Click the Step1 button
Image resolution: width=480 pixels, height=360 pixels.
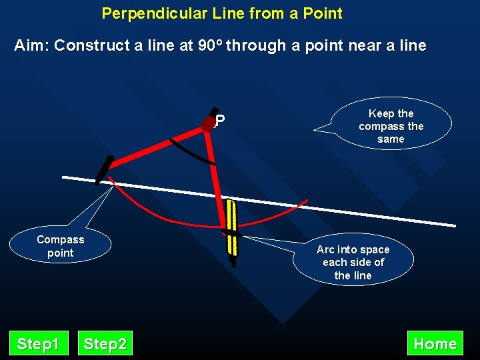click(38, 344)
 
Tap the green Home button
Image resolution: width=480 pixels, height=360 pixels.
click(435, 344)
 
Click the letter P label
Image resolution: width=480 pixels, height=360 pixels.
click(220, 121)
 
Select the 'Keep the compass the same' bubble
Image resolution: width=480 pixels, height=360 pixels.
click(391, 126)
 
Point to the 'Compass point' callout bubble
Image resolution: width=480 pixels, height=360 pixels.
click(61, 246)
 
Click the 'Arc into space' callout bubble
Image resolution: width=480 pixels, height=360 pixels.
click(353, 262)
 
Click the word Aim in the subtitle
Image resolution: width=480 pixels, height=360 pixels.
click(31, 46)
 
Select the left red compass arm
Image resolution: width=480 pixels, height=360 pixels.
click(160, 144)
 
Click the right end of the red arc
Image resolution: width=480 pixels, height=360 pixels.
click(307, 201)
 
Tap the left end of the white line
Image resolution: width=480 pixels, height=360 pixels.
click(63, 177)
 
